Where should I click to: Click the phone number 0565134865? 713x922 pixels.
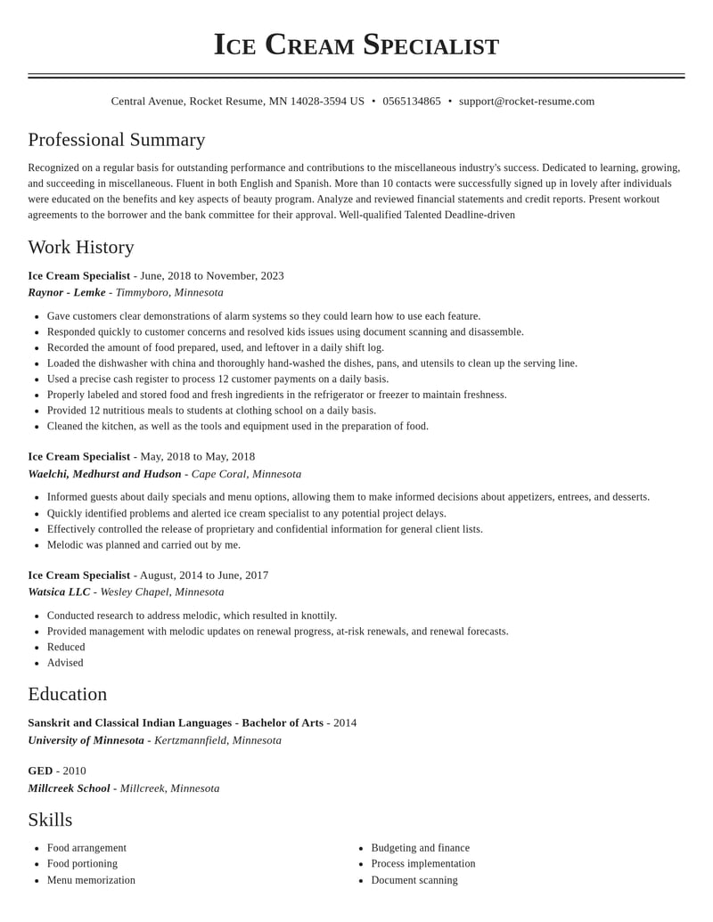[x=412, y=102]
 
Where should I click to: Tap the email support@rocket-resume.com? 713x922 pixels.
[x=527, y=102]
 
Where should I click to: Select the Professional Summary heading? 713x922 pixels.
[x=117, y=140]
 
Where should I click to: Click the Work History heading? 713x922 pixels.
[x=81, y=247]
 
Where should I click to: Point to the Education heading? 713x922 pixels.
[x=68, y=694]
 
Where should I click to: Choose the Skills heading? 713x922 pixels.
[x=50, y=820]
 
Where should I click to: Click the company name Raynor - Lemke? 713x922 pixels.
[x=67, y=292]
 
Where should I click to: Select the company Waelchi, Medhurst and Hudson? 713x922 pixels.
[x=104, y=474]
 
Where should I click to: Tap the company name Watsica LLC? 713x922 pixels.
[x=59, y=592]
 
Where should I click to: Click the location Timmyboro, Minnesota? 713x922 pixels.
[x=169, y=292]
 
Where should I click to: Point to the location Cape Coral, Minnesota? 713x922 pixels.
[x=246, y=474]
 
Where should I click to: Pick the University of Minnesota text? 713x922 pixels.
[x=86, y=740]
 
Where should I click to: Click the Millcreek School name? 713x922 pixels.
[x=69, y=788]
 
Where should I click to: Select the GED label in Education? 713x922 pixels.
[x=40, y=771]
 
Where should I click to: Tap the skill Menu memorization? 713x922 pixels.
[x=91, y=880]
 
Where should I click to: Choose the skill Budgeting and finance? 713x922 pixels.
[x=420, y=848]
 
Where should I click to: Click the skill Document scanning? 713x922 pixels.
[x=414, y=880]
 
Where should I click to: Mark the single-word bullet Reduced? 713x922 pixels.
[x=66, y=647]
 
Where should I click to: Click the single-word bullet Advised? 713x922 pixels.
[x=65, y=663]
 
